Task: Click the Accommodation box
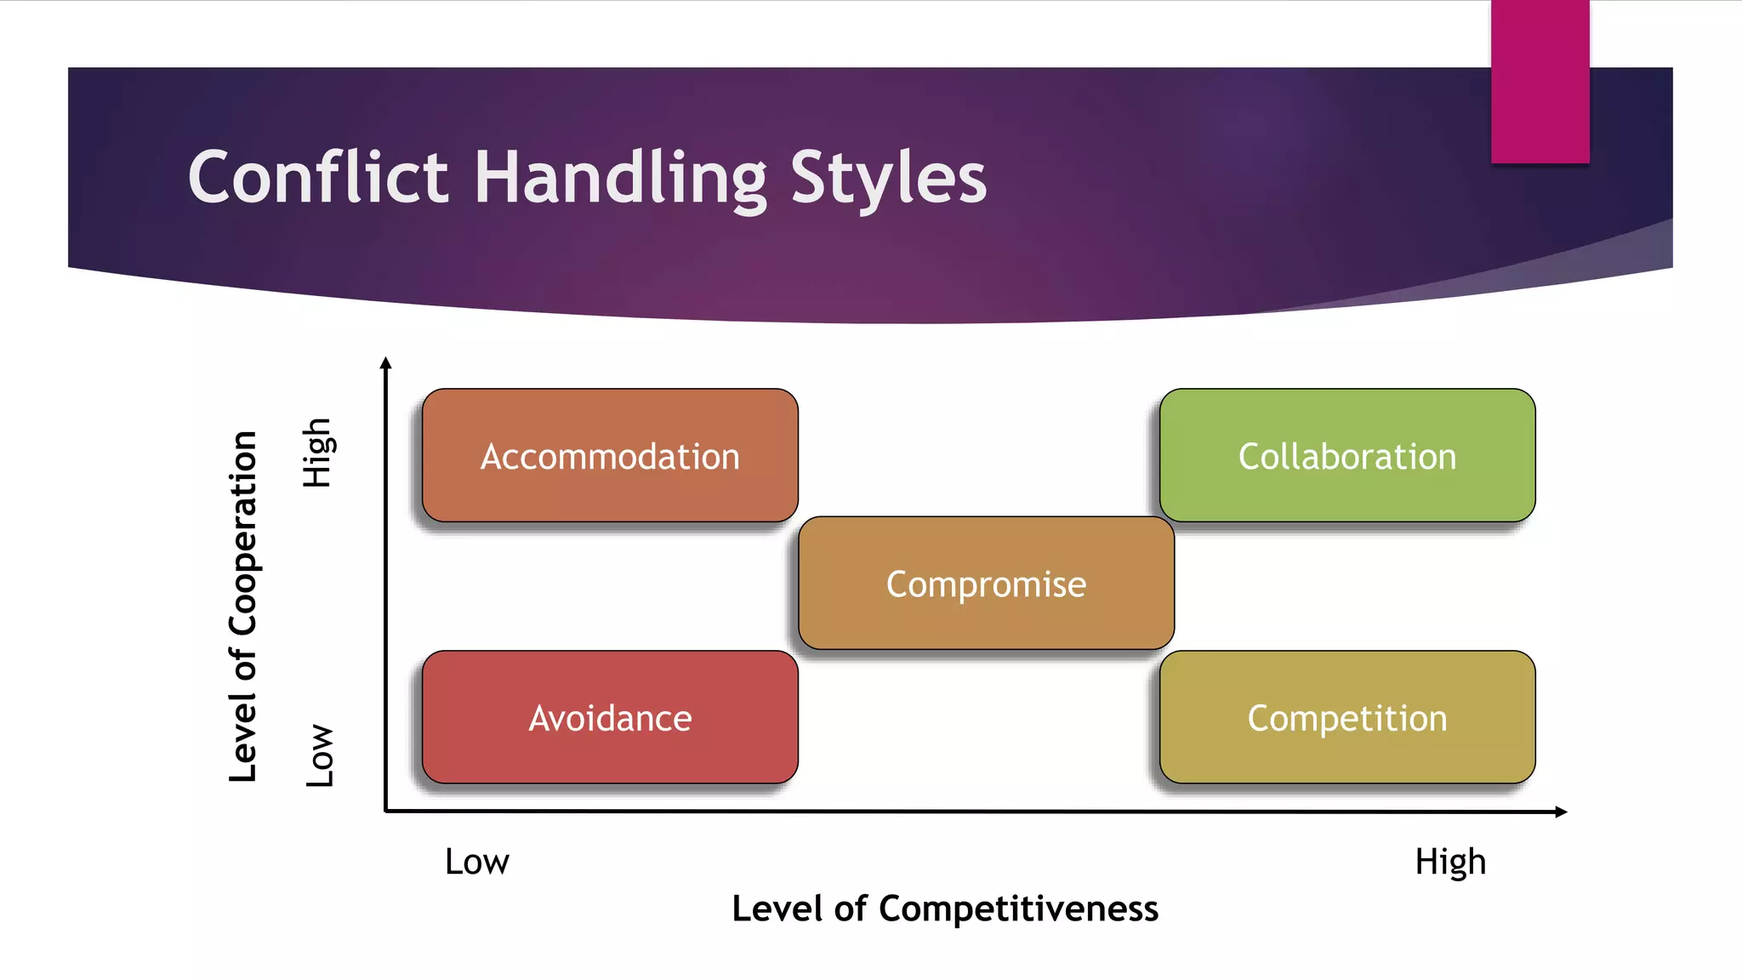[x=610, y=455]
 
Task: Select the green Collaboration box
[x=1346, y=455]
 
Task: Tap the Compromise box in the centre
[x=986, y=584]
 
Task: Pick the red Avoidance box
[x=610, y=717]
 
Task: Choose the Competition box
[x=1346, y=717]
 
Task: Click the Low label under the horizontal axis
[x=476, y=862]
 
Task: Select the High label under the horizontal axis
[x=1450, y=862]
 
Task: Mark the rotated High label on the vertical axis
[x=317, y=453]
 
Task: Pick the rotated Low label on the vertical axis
[x=320, y=755]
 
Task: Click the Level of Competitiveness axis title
[x=944, y=909]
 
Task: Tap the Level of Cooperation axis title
[x=243, y=607]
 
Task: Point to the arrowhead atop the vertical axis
[x=385, y=363]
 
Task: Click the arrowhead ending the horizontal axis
[x=1561, y=812]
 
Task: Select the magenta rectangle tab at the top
[x=1540, y=82]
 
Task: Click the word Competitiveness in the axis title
[x=1018, y=909]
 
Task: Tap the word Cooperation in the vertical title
[x=243, y=533]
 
